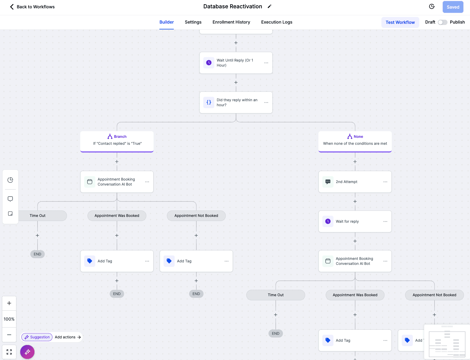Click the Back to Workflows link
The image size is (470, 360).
[32, 7]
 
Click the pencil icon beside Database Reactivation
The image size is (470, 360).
[269, 6]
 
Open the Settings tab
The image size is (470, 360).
[193, 22]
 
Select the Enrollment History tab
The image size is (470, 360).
[231, 22]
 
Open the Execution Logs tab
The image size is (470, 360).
[277, 22]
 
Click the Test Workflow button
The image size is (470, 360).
[400, 22]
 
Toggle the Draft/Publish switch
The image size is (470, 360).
[442, 22]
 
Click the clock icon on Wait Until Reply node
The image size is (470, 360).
[209, 63]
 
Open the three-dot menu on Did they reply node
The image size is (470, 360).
[266, 102]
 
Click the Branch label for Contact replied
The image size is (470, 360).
[117, 136]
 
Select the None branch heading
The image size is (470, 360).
[355, 136]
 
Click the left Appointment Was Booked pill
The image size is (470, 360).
[117, 216]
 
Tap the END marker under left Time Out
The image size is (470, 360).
[37, 254]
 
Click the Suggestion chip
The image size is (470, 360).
[37, 337]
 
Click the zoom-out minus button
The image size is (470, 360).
[9, 335]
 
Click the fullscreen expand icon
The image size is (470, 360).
[9, 352]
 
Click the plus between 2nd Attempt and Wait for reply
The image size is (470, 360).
[355, 201]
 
